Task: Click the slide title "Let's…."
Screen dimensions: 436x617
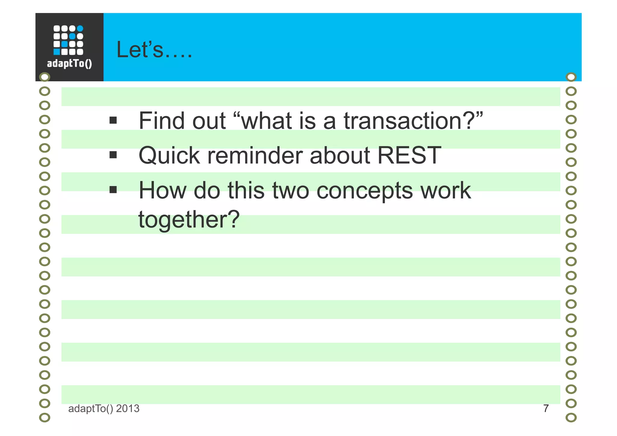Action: coord(154,50)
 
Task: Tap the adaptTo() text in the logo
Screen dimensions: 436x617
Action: coord(69,64)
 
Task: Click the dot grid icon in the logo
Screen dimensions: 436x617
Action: coord(68,40)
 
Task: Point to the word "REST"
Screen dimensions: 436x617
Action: coord(409,155)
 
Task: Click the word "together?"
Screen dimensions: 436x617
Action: coord(189,220)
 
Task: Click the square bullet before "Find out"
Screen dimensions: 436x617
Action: coord(113,121)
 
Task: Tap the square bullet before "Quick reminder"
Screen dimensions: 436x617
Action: coord(113,155)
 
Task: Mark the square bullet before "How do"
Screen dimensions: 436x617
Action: coord(113,190)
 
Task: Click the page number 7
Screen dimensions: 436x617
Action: coord(546,409)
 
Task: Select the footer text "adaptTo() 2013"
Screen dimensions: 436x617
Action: coord(104,409)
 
